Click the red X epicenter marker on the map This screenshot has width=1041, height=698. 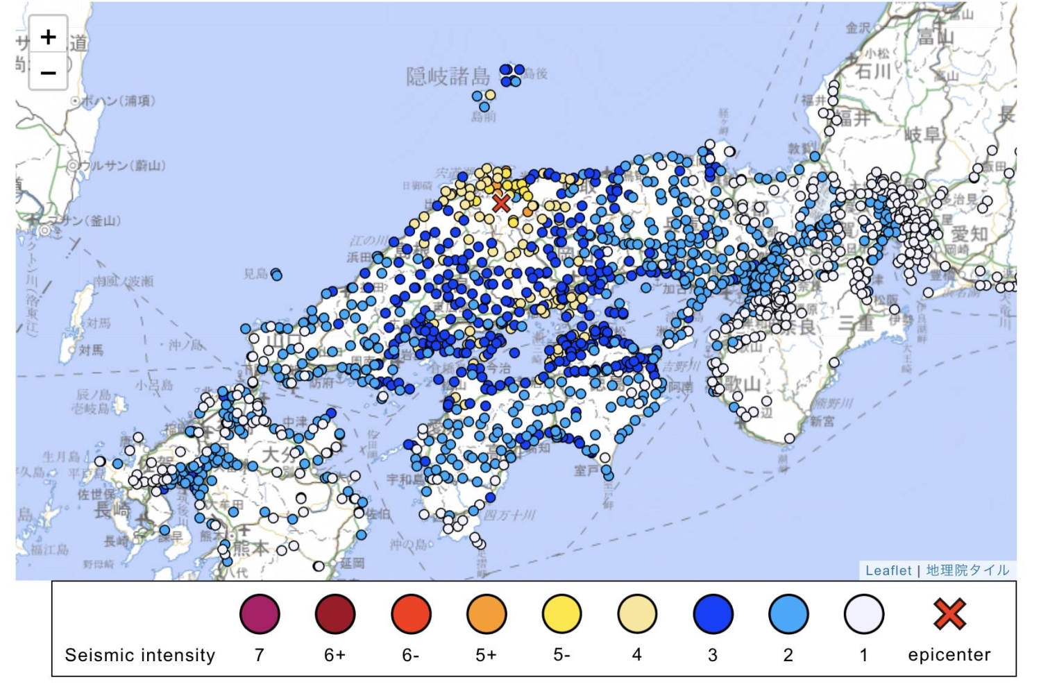tap(500, 203)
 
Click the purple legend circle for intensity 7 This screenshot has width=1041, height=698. tap(260, 614)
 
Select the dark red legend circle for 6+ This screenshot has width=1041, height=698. tap(335, 614)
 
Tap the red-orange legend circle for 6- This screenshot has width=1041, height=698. tap(411, 614)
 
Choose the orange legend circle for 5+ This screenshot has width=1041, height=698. tap(486, 614)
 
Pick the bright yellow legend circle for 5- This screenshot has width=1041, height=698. tap(562, 614)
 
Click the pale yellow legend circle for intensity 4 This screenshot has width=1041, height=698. tap(637, 614)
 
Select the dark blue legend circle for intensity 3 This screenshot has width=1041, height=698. tap(713, 614)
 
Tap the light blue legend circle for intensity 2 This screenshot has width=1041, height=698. tap(788, 614)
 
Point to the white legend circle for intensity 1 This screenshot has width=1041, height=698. tap(864, 614)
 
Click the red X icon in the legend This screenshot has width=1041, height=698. tap(949, 613)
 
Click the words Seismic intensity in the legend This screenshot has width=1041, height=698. tap(140, 655)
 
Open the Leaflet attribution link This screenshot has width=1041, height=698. tap(888, 570)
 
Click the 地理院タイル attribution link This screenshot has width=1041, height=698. tap(967, 570)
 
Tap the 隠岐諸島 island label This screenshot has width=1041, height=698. tap(448, 76)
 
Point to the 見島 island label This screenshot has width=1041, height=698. tap(255, 274)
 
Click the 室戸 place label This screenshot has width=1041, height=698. tap(585, 471)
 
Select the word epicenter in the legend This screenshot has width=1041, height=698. tap(949, 655)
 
